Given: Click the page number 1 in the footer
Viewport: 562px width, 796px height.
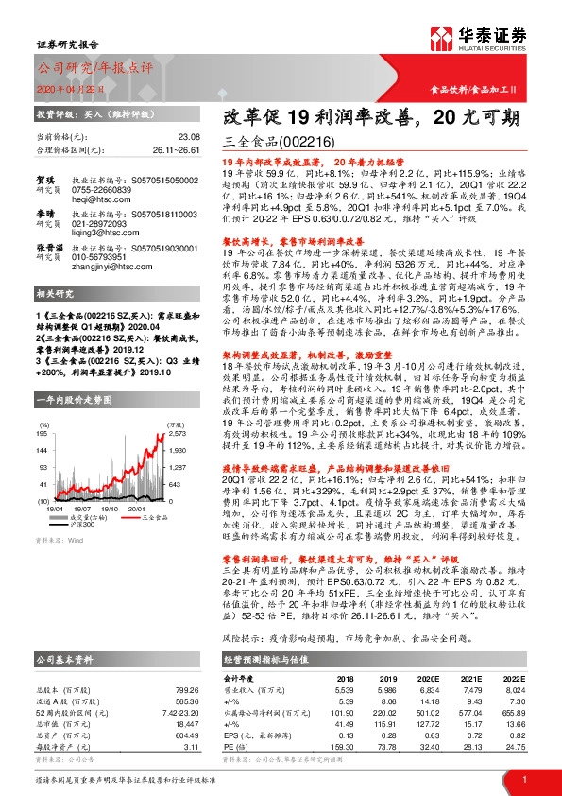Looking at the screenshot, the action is [523, 780].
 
